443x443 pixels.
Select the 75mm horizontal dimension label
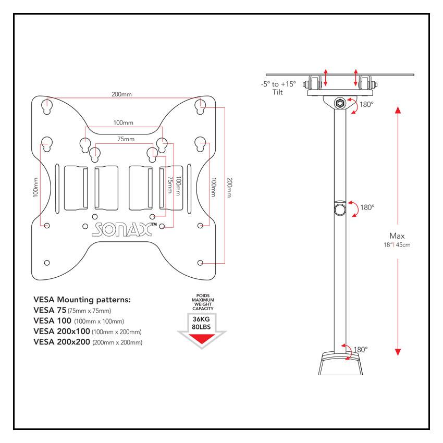[125, 140]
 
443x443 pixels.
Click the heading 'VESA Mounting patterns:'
[82, 300]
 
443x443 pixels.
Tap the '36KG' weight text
[202, 319]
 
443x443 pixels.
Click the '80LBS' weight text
[202, 327]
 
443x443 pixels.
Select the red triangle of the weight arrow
[202, 340]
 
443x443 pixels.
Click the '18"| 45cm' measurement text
[397, 245]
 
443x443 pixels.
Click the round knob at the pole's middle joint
[340, 210]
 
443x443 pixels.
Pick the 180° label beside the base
[361, 349]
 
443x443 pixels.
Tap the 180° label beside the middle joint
[367, 207]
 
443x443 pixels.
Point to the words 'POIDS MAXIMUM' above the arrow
[202, 299]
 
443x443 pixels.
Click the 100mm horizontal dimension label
[124, 122]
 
